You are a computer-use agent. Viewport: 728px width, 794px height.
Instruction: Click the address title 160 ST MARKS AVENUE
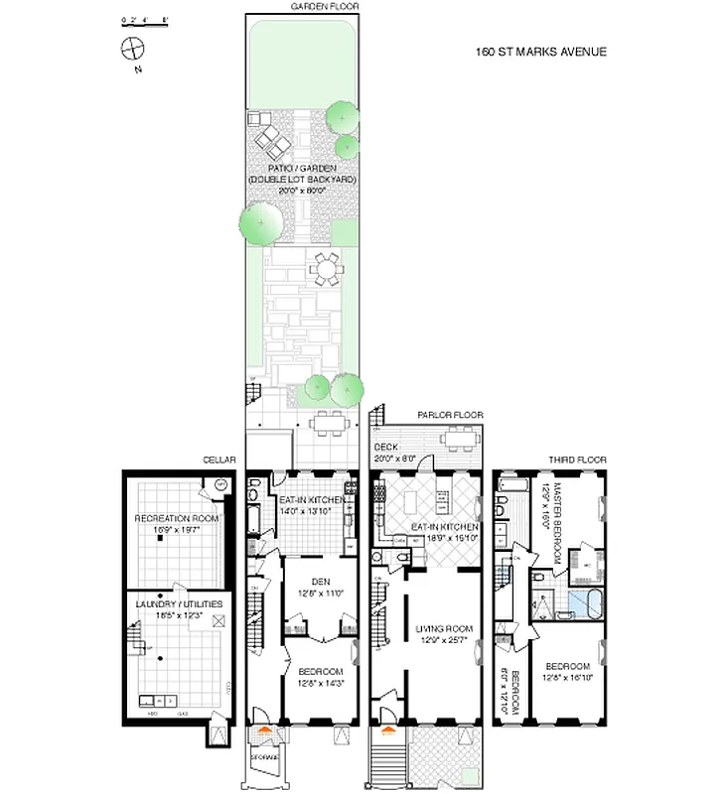pyautogui.click(x=541, y=53)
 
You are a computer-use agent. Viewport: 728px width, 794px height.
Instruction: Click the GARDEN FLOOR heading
pyautogui.click(x=325, y=6)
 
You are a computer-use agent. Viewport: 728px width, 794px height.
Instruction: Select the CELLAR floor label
pyautogui.click(x=220, y=460)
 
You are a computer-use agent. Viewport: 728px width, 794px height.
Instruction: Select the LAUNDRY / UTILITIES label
pyautogui.click(x=179, y=603)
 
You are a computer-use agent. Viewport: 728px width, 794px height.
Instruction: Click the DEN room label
pyautogui.click(x=320, y=582)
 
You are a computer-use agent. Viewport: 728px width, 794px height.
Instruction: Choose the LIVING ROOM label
pyautogui.click(x=444, y=626)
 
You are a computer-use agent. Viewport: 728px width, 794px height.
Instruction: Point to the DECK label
pyautogui.click(x=385, y=448)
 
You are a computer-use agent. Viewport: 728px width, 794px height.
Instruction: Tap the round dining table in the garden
pyautogui.click(x=326, y=267)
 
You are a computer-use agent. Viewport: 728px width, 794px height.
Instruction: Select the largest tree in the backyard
pyautogui.click(x=259, y=221)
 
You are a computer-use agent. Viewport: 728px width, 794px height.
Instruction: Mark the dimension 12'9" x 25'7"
pyautogui.click(x=444, y=639)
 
